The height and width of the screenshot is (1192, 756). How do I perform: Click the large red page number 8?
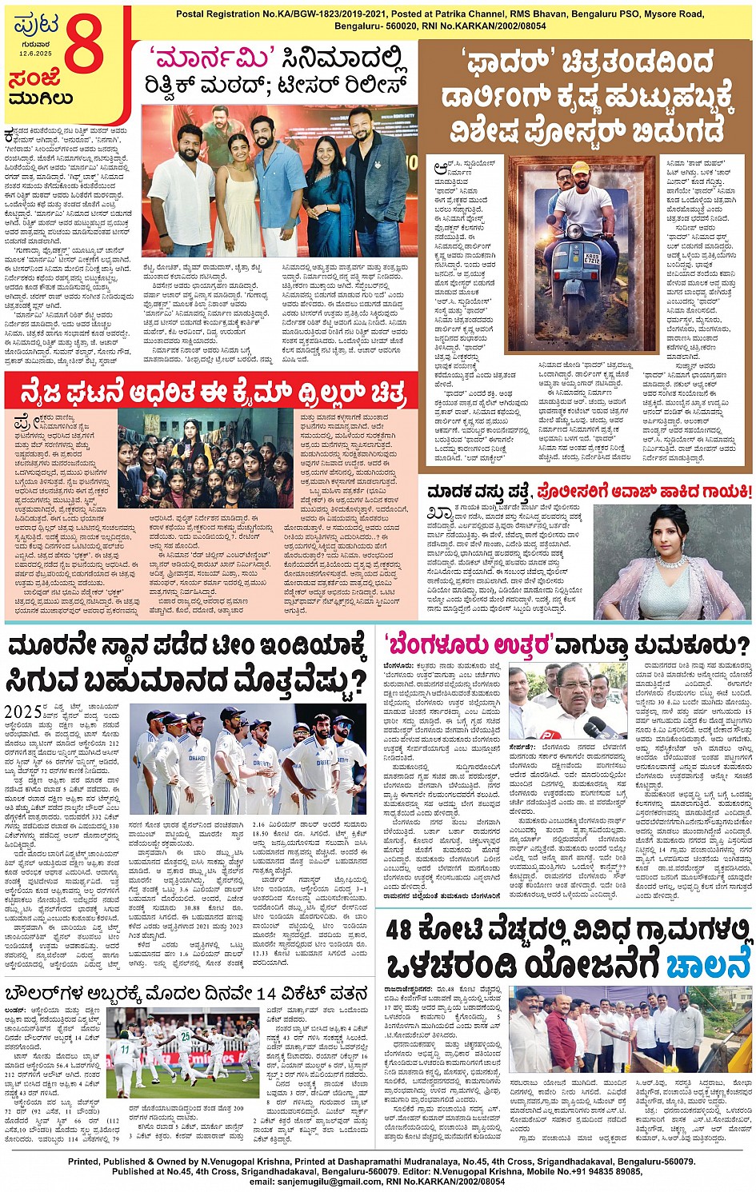tap(84, 46)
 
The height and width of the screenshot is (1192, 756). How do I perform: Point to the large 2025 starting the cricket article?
tap(23, 712)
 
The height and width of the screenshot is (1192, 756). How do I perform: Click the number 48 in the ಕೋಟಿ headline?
tap(410, 931)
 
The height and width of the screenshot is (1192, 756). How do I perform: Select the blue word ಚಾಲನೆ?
tap(707, 964)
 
